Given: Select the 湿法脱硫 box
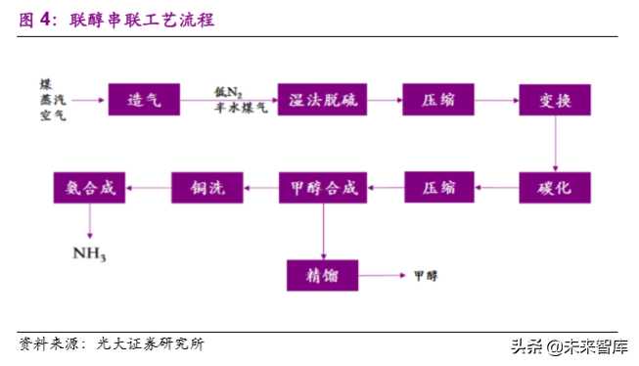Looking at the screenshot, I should (x=315, y=99).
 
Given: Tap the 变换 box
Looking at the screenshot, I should (x=554, y=99).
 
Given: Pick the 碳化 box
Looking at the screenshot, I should (x=554, y=186).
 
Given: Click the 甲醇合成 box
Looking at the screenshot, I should (x=315, y=186).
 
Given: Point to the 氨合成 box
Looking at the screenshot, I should (x=89, y=186).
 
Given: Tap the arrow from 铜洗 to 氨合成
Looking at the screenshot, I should (x=148, y=186).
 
